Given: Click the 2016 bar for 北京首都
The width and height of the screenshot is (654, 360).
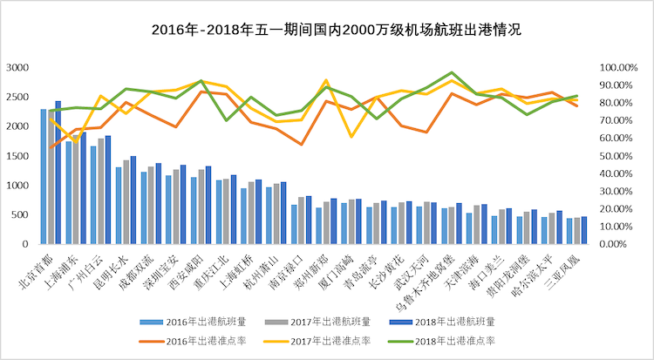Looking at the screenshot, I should tap(44, 176).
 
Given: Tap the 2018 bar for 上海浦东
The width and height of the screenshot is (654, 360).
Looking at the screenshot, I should tap(84, 188).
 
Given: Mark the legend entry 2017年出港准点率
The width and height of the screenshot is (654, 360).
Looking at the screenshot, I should tap(329, 340).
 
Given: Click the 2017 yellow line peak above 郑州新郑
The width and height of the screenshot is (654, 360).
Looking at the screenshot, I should tap(325, 81).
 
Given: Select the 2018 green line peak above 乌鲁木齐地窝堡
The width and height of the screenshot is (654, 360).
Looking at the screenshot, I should tap(451, 73).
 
